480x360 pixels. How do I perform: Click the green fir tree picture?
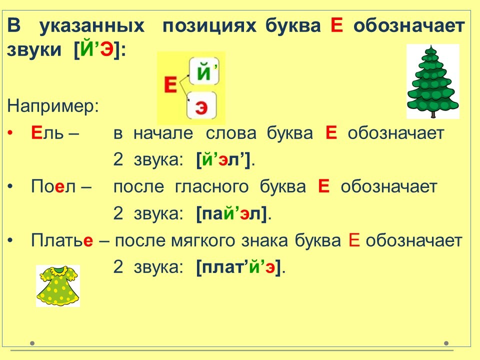[433, 81]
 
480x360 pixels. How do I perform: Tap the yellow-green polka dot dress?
[58, 285]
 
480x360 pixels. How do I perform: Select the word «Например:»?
[53, 106]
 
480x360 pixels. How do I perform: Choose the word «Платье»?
[62, 240]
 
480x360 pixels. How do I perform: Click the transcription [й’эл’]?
[223, 160]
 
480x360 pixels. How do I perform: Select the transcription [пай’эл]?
[231, 213]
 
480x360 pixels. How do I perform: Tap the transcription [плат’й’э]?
[238, 267]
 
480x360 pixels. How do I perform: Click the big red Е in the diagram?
[170, 84]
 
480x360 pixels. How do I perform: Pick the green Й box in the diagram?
[204, 71]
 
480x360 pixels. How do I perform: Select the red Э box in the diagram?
[201, 105]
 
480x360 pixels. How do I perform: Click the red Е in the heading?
[336, 25]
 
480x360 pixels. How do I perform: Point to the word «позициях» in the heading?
[209, 26]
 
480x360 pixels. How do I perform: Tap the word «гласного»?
[212, 187]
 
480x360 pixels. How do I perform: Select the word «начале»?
[163, 133]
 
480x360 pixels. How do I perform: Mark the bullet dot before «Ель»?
[10, 133]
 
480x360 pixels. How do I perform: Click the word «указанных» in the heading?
[92, 26]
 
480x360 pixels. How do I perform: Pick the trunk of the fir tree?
[433, 114]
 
